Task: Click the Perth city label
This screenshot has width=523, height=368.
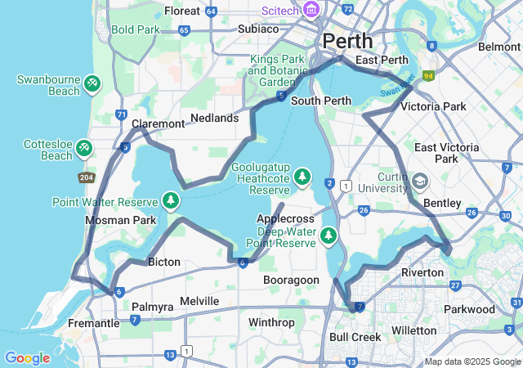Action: (347, 40)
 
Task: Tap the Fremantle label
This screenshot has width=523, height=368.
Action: (93, 323)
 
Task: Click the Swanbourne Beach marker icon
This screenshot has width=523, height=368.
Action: (92, 83)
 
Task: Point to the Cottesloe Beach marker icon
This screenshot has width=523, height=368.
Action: (84, 148)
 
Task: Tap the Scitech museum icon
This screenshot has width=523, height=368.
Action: (311, 10)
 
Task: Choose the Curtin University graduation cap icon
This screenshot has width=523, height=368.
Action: (419, 180)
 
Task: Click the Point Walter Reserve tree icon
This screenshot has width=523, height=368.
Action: (171, 200)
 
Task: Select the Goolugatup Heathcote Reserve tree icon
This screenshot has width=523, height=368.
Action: (302, 176)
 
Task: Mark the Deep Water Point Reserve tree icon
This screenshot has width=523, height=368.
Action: (329, 236)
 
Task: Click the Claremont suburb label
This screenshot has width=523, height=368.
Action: (158, 123)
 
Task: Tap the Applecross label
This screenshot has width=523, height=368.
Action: (285, 219)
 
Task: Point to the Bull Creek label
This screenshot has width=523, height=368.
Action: (355, 337)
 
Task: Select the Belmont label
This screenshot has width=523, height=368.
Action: (498, 47)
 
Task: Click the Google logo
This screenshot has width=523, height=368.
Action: (27, 357)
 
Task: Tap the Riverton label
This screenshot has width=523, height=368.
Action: (422, 272)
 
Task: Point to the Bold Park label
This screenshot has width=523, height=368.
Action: (136, 29)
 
